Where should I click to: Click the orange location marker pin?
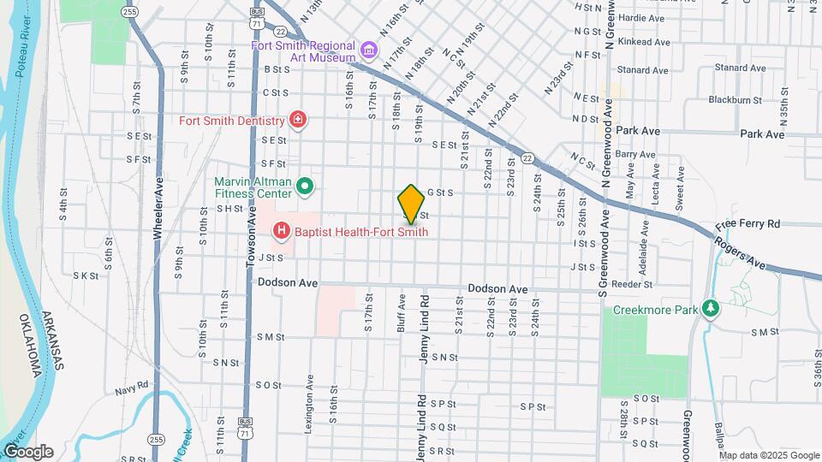coord(411,204)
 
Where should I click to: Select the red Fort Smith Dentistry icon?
coord(297,120)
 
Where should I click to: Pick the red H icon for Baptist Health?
coord(280,231)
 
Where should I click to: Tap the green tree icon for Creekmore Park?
coord(709,307)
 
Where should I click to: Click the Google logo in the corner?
coord(27,451)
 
